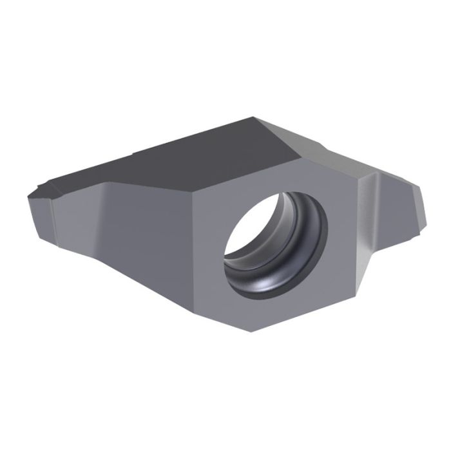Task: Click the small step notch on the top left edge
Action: tap(133, 155)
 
